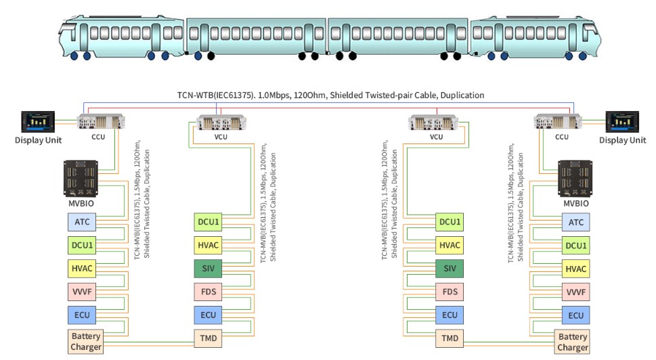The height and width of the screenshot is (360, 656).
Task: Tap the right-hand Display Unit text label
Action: pos(622,140)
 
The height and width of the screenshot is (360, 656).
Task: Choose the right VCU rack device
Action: pos(436,123)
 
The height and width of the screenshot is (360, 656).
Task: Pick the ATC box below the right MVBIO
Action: pos(576,222)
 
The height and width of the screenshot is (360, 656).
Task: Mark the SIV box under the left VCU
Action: pos(209,269)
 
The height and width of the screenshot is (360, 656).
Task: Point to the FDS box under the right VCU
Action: pos(450,292)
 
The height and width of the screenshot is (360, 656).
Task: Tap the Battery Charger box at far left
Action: pos(85,342)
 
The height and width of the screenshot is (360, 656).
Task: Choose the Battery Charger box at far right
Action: pos(573,342)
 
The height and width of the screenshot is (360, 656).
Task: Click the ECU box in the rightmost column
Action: pos(576,315)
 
